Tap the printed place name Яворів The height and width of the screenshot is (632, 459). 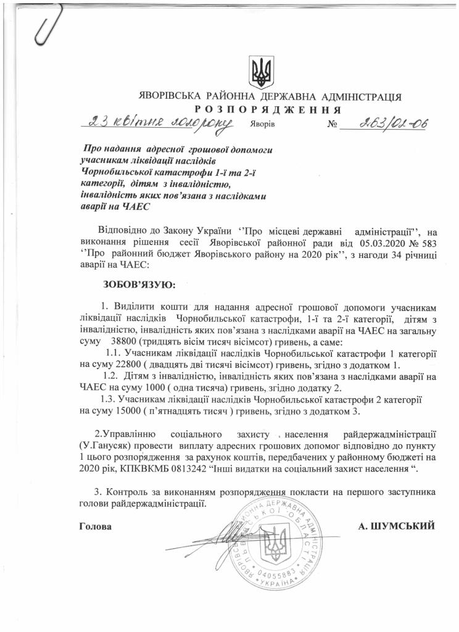coord(263,123)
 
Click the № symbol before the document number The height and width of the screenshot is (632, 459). coord(333,123)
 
